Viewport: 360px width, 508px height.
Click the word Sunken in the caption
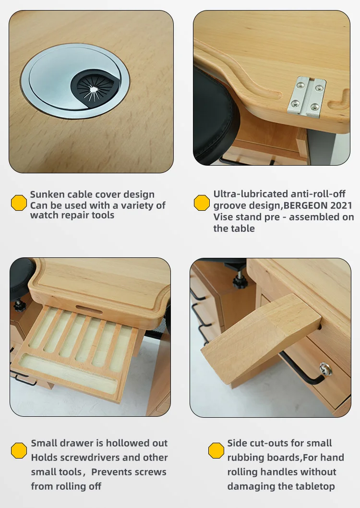tap(47, 194)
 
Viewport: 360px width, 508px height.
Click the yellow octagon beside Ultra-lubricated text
tap(202, 203)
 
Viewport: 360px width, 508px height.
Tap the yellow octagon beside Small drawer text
tap(19, 450)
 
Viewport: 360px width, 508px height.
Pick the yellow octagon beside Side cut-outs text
tap(216, 450)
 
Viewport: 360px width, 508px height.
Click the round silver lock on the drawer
tap(326, 369)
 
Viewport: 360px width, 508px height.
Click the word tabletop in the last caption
tap(309, 486)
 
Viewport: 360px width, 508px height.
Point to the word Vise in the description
tap(224, 217)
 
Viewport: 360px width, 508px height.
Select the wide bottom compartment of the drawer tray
tap(70, 370)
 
